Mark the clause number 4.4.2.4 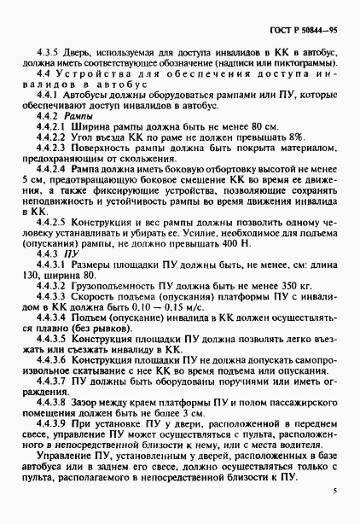pos(53,168)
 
